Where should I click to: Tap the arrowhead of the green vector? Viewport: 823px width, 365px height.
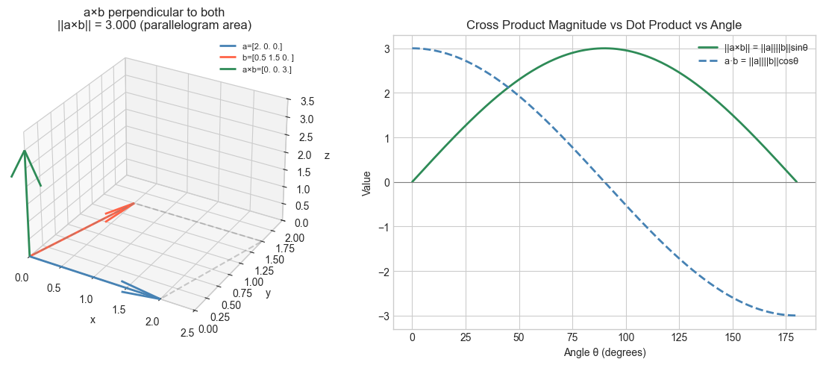25,152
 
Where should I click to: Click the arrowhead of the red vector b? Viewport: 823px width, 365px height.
133,203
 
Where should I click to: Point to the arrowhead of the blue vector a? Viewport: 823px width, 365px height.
158,299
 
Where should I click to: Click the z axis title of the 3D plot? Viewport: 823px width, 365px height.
327,156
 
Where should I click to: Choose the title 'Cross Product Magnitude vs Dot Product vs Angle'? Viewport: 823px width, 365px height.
604,25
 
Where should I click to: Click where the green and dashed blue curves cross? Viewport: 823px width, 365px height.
508,88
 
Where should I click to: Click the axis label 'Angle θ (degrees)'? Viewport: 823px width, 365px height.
604,352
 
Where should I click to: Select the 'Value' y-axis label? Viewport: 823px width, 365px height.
366,182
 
